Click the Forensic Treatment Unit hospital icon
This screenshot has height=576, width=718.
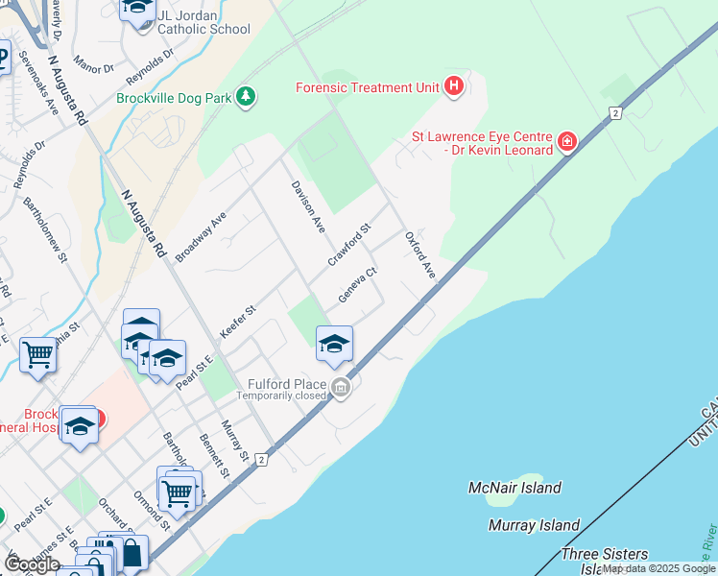click(454, 88)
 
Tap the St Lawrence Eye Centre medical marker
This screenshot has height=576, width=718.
click(567, 143)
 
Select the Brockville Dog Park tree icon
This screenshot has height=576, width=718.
click(247, 97)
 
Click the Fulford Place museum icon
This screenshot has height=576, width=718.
click(340, 388)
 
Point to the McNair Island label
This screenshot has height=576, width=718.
click(515, 488)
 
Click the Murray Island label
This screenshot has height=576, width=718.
click(534, 525)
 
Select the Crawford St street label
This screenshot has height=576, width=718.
click(348, 247)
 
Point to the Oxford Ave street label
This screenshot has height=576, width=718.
click(420, 255)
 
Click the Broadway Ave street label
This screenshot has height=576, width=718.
click(201, 237)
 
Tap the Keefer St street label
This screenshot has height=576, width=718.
click(239, 323)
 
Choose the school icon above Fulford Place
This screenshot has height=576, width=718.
click(334, 344)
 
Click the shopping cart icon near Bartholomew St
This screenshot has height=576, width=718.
click(37, 354)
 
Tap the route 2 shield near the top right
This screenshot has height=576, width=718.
click(613, 113)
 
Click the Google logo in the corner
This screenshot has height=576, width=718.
click(32, 564)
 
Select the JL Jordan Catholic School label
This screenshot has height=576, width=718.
click(203, 21)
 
